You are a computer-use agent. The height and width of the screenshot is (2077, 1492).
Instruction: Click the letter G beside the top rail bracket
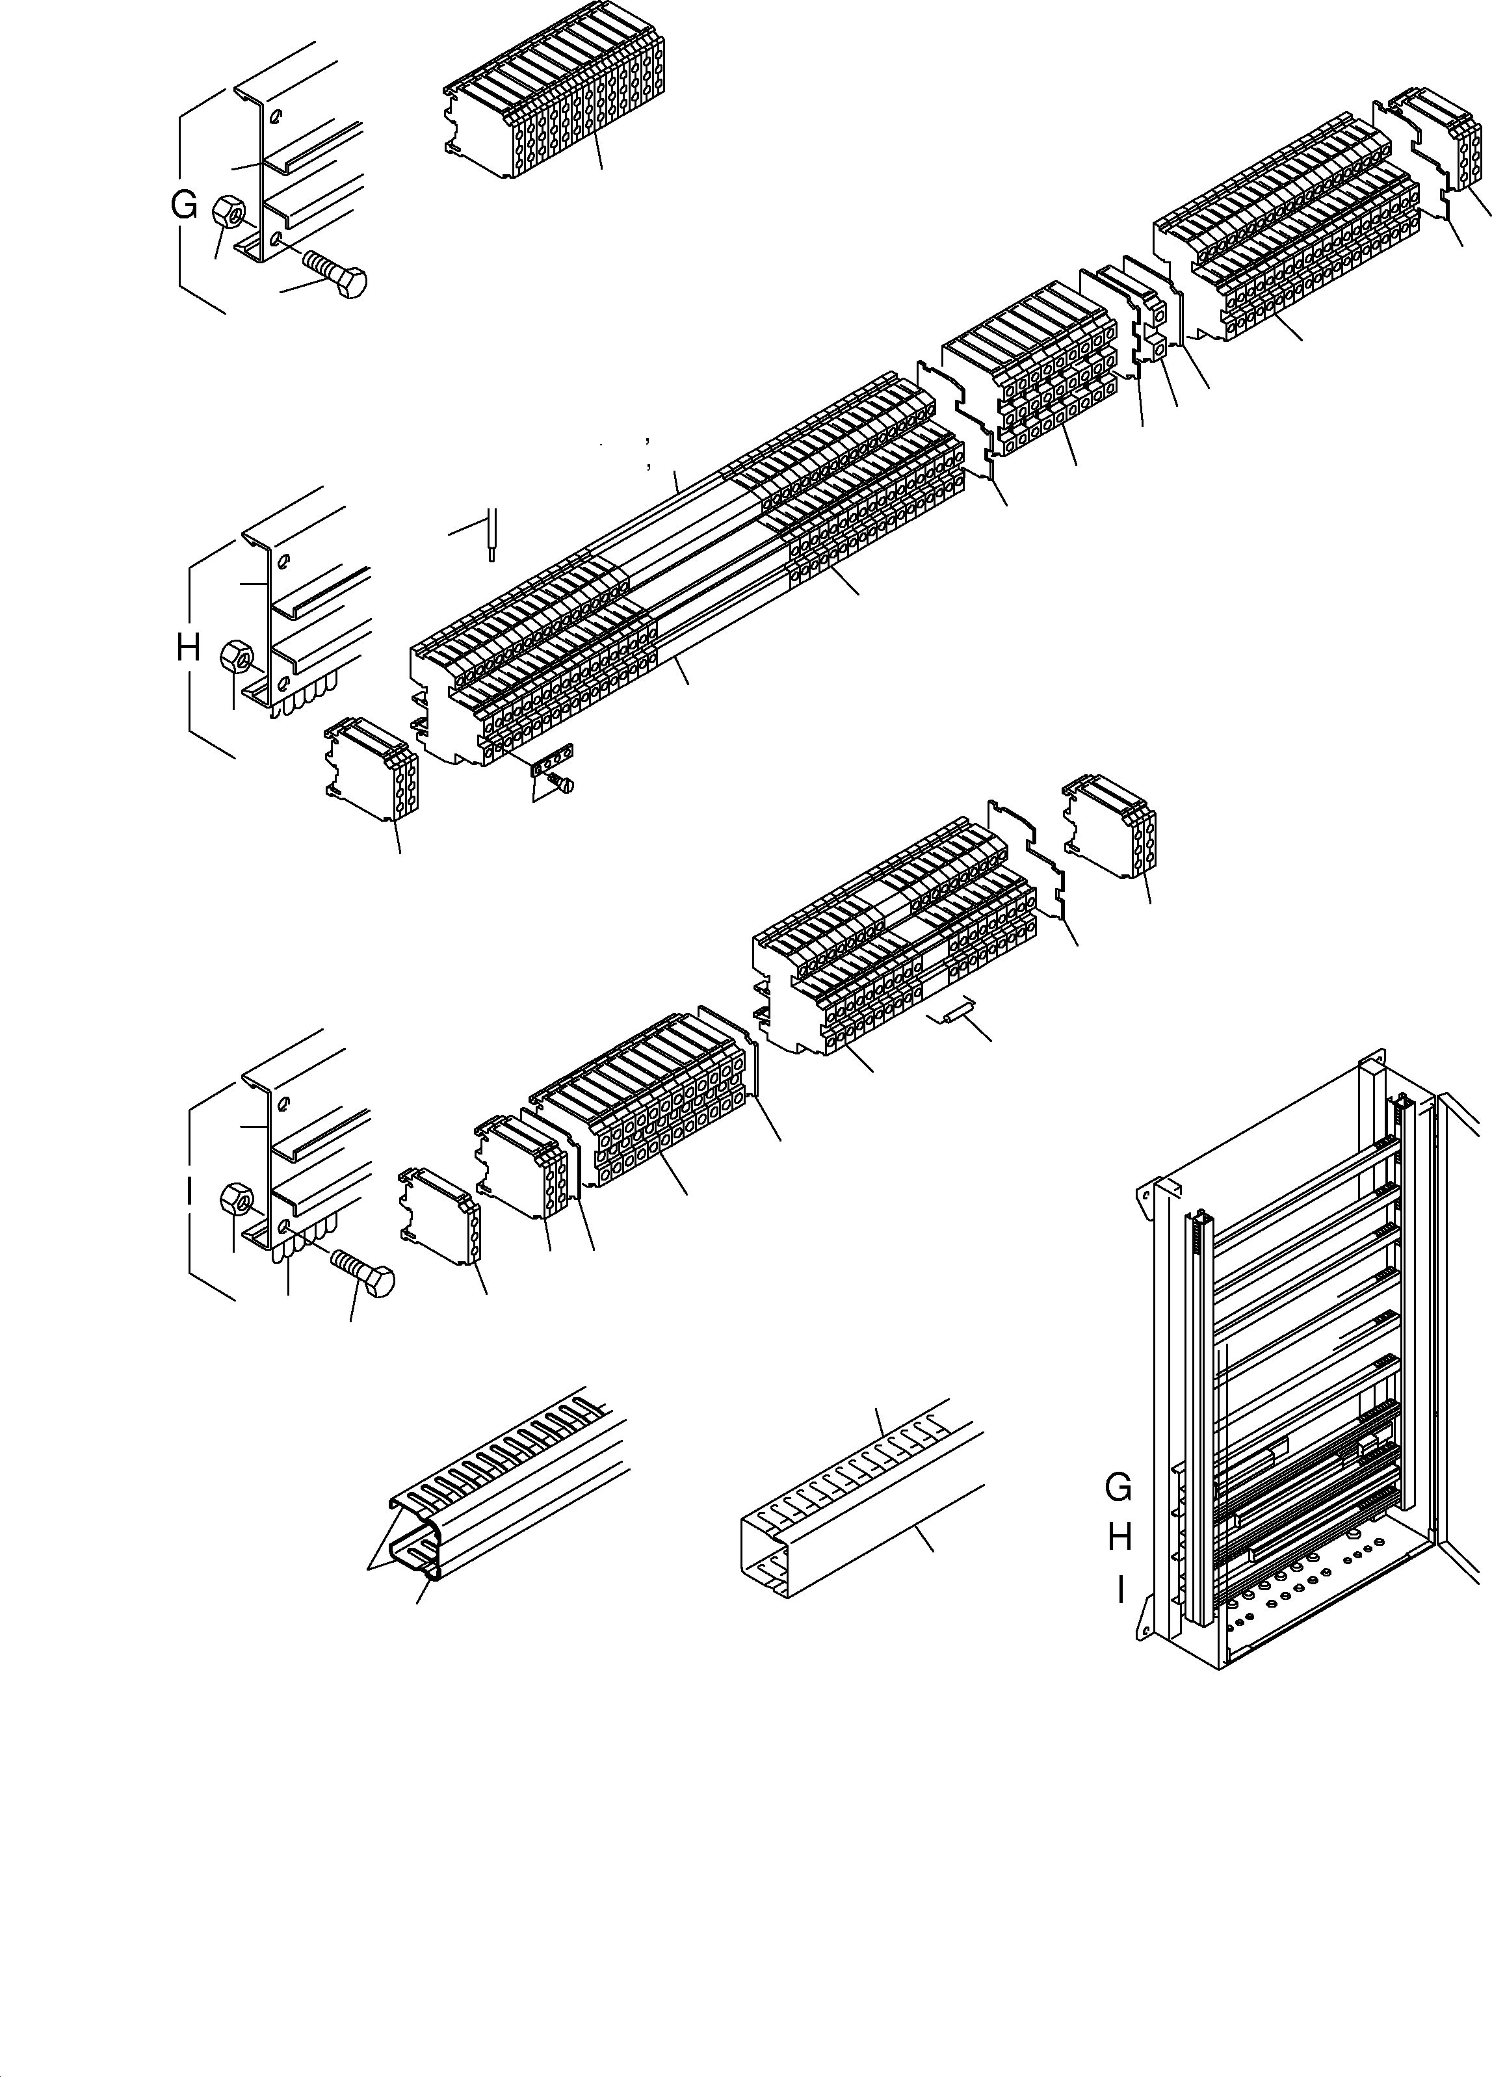pos(184,207)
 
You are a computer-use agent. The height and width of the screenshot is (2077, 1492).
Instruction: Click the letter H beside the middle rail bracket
pos(188,649)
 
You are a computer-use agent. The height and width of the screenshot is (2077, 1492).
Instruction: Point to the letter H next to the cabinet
pos(1120,1537)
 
